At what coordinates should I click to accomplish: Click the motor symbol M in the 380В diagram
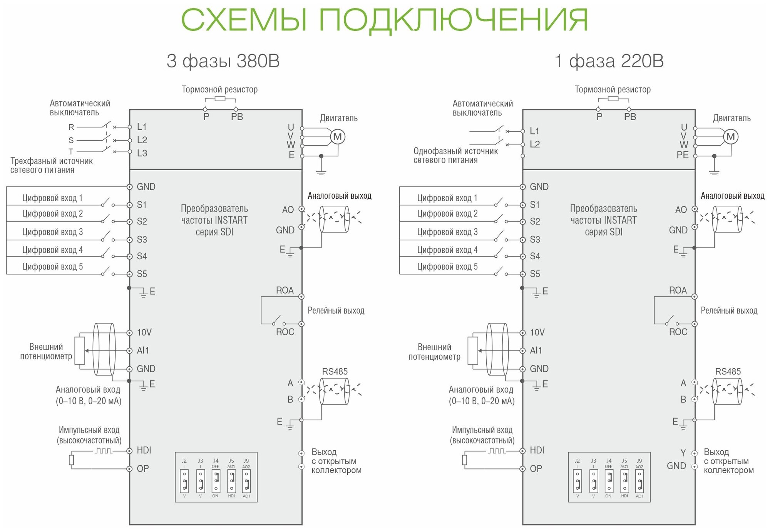click(337, 136)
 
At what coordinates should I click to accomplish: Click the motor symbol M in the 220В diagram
click(730, 136)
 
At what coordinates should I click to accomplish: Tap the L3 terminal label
click(142, 153)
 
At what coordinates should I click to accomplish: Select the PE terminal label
click(682, 155)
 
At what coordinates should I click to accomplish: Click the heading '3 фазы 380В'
click(223, 61)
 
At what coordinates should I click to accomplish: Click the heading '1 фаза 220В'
click(609, 61)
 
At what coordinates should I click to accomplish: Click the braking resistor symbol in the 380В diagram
click(220, 99)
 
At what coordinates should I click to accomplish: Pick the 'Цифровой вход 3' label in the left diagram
click(52, 232)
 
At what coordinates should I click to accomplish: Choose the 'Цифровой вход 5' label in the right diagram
click(447, 267)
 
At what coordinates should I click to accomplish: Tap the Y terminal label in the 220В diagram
click(683, 453)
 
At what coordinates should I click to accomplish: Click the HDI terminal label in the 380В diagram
click(144, 450)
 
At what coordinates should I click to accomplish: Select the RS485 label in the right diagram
click(728, 371)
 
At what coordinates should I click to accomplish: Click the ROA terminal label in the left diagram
click(285, 290)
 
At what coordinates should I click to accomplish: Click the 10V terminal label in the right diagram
click(537, 332)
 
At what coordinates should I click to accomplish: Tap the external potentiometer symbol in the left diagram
click(80, 351)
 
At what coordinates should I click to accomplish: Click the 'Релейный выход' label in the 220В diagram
click(729, 310)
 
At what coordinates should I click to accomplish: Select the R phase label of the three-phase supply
click(71, 127)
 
